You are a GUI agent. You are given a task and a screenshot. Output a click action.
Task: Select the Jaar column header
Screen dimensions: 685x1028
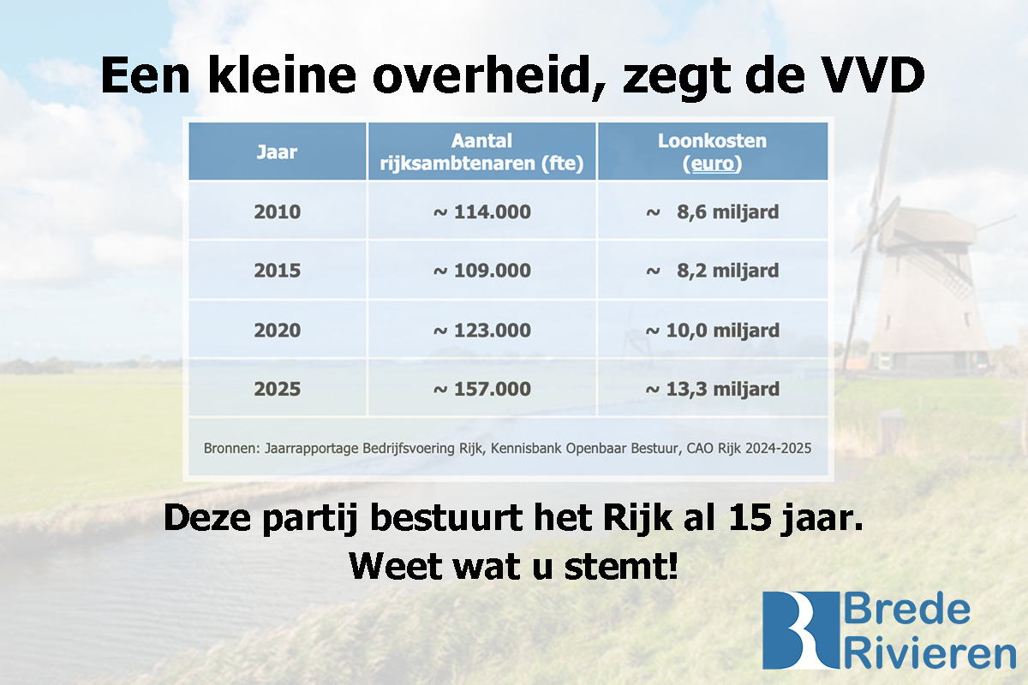[277, 152]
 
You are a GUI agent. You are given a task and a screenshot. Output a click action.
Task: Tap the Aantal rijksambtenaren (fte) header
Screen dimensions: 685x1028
[481, 152]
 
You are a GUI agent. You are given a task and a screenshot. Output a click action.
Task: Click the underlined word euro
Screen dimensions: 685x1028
[714, 164]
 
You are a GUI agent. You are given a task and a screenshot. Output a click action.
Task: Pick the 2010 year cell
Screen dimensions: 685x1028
[277, 211]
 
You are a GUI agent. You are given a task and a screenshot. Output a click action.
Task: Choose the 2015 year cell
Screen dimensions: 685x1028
[277, 271]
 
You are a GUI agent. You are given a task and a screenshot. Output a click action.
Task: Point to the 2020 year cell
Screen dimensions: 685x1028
[277, 330]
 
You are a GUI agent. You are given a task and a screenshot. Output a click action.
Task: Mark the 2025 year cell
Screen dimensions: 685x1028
[277, 389]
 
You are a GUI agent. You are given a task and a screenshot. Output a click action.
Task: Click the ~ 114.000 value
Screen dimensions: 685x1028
[481, 211]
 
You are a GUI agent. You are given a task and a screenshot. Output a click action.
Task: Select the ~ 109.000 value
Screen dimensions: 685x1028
[481, 271]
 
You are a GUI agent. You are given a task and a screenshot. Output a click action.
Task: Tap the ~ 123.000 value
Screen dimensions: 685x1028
[481, 330]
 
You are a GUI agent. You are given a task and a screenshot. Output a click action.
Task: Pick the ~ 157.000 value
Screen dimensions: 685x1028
[481, 389]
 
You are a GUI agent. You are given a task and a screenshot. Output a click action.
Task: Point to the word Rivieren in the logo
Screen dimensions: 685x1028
[929, 653]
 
